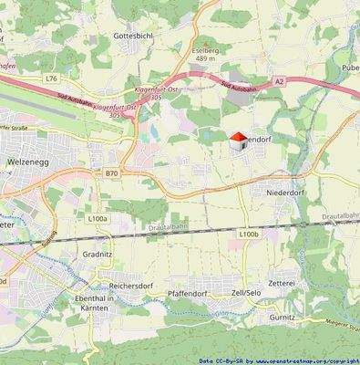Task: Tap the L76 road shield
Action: click(50, 79)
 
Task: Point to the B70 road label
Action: click(111, 172)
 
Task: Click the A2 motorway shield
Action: click(280, 81)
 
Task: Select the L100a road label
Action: click(98, 219)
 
